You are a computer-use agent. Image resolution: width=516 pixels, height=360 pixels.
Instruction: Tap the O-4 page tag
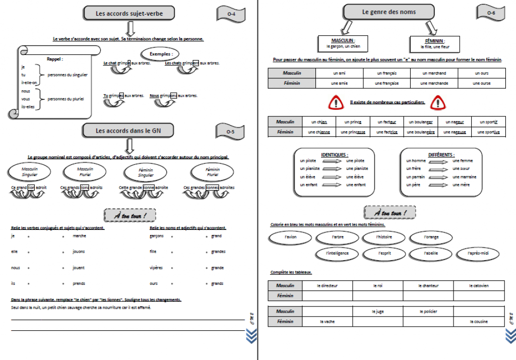tap(231, 14)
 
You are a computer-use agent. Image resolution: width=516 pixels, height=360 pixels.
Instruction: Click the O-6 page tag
tap(490, 13)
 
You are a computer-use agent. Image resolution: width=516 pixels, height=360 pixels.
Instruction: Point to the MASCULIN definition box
tap(343, 43)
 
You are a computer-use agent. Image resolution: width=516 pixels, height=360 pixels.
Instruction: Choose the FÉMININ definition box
tap(435, 43)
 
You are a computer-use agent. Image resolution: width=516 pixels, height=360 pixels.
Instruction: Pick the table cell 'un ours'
tap(481, 73)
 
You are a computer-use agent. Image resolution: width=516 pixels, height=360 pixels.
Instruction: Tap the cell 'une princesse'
tap(353, 132)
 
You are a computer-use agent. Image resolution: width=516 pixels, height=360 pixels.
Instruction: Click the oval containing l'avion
tap(291, 237)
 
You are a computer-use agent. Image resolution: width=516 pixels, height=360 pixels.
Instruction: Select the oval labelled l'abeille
tap(431, 253)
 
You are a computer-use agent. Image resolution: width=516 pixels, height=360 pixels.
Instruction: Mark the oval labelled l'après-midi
tap(478, 253)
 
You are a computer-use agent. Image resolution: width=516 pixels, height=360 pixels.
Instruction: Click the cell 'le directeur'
tap(328, 286)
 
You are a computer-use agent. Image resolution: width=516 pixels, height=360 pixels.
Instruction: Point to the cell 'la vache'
tap(328, 321)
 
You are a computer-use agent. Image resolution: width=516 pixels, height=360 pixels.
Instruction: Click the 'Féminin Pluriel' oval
tap(212, 172)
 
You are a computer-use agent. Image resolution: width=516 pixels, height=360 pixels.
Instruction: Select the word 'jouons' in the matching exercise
tap(79, 252)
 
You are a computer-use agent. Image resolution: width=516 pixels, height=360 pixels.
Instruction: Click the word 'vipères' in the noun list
tap(156, 268)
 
